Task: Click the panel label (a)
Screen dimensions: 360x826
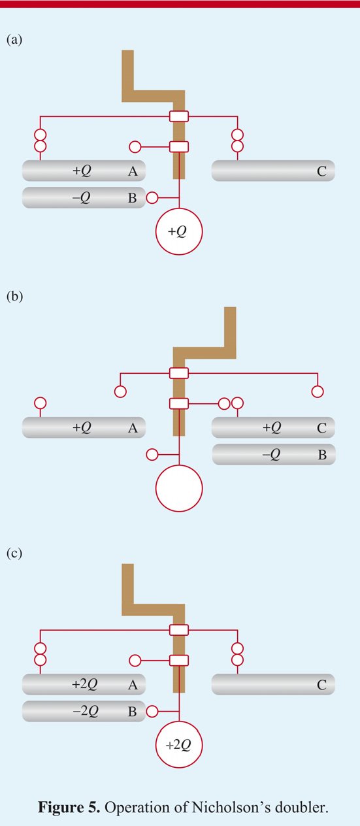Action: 14,40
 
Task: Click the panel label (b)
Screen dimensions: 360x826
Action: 14,297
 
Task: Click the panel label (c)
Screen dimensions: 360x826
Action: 14,553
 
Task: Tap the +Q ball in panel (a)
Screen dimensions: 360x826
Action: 179,231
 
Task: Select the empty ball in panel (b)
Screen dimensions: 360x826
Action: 179,488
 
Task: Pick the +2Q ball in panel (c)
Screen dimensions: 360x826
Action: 179,744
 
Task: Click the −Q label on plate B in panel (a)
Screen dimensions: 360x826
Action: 81,198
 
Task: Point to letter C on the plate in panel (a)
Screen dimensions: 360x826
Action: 321,171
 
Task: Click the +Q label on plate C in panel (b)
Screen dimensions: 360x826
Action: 272,427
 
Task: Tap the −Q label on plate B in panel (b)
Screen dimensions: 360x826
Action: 271,455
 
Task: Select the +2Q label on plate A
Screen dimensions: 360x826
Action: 85,684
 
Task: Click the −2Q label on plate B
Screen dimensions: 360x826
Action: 86,711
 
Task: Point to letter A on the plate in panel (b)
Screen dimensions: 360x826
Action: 133,428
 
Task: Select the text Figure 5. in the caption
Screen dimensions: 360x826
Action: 69,808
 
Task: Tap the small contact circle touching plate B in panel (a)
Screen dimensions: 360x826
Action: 152,197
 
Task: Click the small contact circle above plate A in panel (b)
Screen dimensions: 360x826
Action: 41,403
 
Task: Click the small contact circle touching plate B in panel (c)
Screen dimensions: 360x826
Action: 152,711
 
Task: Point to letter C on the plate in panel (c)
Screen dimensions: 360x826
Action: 321,685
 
